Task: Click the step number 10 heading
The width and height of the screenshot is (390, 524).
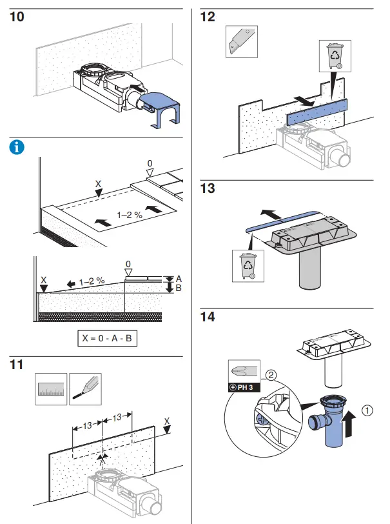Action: (x=17, y=17)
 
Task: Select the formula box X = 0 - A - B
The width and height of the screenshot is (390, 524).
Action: (x=107, y=338)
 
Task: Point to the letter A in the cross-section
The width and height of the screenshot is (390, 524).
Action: (x=179, y=278)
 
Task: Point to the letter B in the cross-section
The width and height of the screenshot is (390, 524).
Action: (x=179, y=289)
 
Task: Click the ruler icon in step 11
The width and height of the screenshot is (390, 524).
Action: (x=50, y=389)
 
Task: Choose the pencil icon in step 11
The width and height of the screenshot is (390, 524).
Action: (x=85, y=389)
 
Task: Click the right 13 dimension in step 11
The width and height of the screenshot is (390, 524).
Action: (x=117, y=417)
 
